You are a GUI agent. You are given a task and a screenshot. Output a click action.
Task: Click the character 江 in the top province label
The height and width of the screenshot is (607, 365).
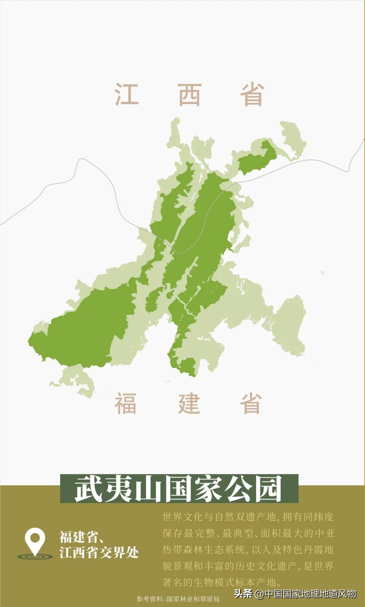[126, 94]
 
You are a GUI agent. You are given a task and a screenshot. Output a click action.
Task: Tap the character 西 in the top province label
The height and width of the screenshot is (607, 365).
[190, 94]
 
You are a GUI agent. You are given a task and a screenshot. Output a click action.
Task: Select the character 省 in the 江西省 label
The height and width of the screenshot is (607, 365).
[252, 94]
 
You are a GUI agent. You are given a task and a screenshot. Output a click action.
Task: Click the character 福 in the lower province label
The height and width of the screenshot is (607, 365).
[126, 403]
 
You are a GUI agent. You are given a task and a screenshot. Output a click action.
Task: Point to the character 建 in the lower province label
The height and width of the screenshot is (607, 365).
[189, 403]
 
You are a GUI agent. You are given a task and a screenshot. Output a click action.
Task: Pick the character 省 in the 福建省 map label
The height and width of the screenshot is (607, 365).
[251, 403]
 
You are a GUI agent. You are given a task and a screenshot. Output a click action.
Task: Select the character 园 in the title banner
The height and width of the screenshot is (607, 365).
[268, 489]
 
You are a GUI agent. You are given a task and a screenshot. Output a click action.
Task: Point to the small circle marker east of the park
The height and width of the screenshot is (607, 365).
[322, 273]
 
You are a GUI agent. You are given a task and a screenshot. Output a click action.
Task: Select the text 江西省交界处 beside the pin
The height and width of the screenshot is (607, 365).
[99, 553]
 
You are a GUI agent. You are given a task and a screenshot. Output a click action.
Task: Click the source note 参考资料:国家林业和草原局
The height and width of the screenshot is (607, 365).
[178, 599]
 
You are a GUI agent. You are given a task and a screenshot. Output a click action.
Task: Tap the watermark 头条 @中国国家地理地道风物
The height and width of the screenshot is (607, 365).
[295, 594]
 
